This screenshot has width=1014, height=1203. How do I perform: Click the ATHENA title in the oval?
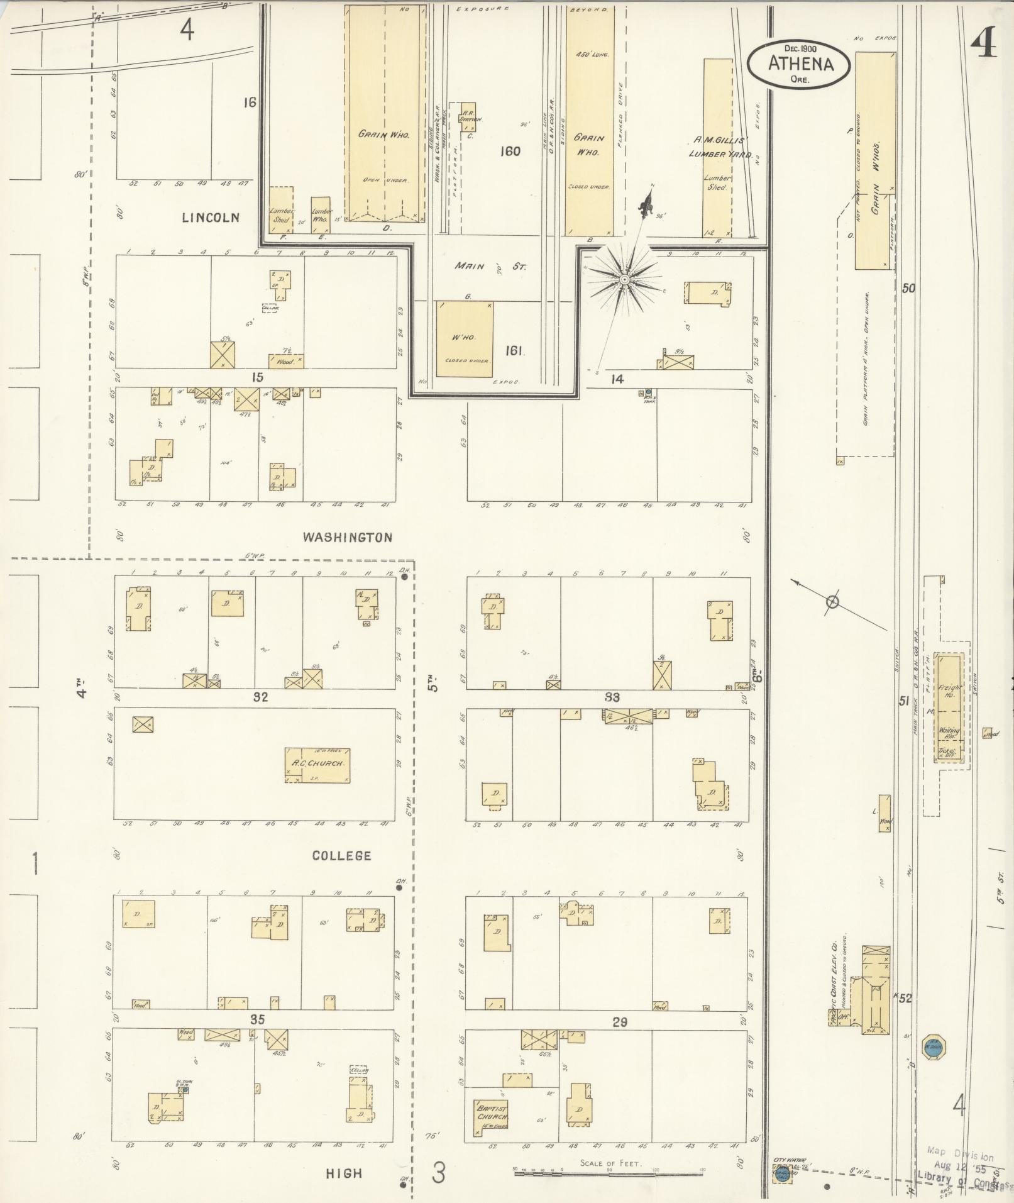800,64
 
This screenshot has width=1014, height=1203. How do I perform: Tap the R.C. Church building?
317,765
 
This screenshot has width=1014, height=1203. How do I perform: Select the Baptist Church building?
492,1112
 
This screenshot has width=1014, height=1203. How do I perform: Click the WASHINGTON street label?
348,537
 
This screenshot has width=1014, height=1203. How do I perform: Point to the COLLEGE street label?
342,855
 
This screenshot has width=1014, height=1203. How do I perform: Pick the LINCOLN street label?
211,218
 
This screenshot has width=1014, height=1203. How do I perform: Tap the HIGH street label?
344,1173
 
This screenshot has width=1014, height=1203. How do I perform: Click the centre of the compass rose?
625,279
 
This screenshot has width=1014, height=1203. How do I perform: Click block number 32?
260,697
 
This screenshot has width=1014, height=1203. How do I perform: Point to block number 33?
612,697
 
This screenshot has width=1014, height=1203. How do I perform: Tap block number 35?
257,1019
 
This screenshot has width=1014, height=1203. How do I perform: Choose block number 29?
620,1023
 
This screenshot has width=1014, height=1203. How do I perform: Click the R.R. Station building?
468,117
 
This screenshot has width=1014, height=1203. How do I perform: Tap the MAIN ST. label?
490,267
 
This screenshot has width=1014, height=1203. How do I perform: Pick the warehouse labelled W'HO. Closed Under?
464,340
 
